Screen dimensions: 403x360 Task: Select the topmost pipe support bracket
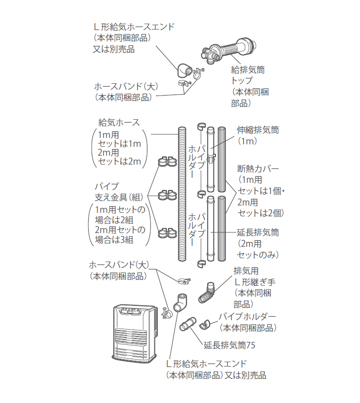pos(167,162)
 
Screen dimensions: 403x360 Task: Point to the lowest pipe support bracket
pos(167,231)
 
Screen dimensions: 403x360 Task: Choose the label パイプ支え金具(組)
pos(118,192)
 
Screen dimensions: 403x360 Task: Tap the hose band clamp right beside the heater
pos(165,311)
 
